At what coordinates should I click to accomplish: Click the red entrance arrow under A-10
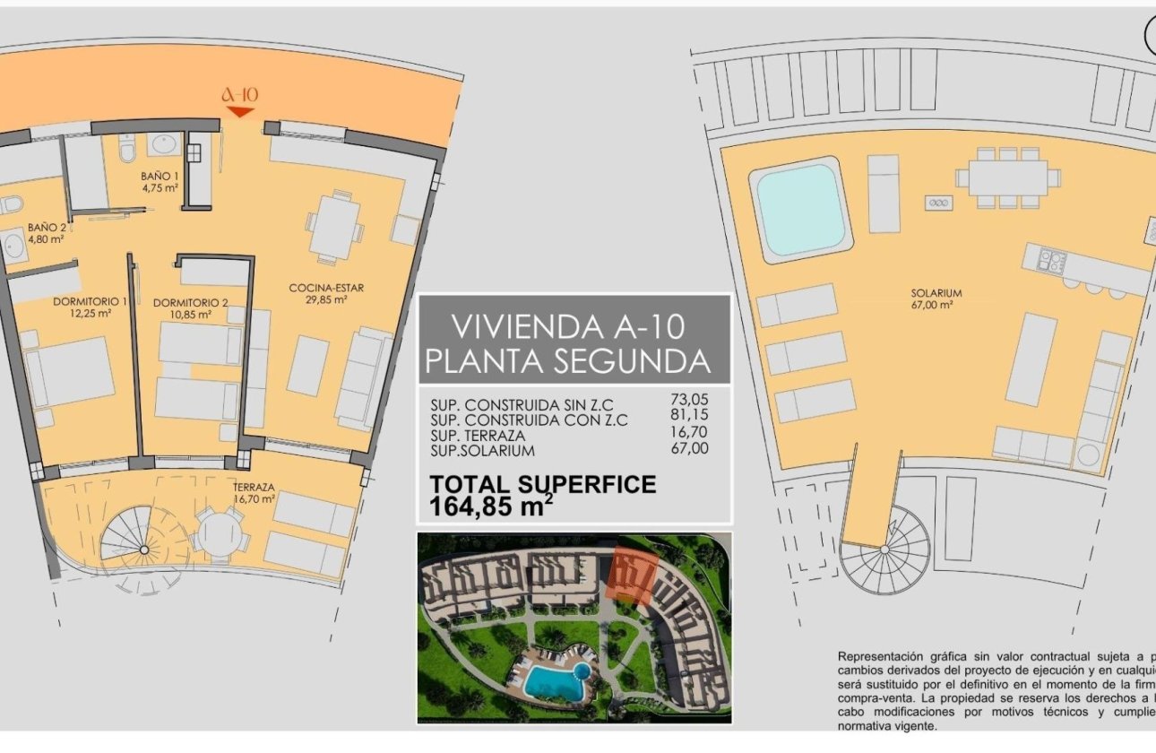[x=239, y=112]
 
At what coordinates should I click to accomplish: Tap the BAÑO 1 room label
[x=160, y=182]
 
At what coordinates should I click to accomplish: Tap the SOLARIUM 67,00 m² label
[x=932, y=299]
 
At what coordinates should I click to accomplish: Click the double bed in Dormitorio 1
[x=70, y=370]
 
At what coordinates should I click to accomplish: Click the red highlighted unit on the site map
[x=634, y=574]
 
